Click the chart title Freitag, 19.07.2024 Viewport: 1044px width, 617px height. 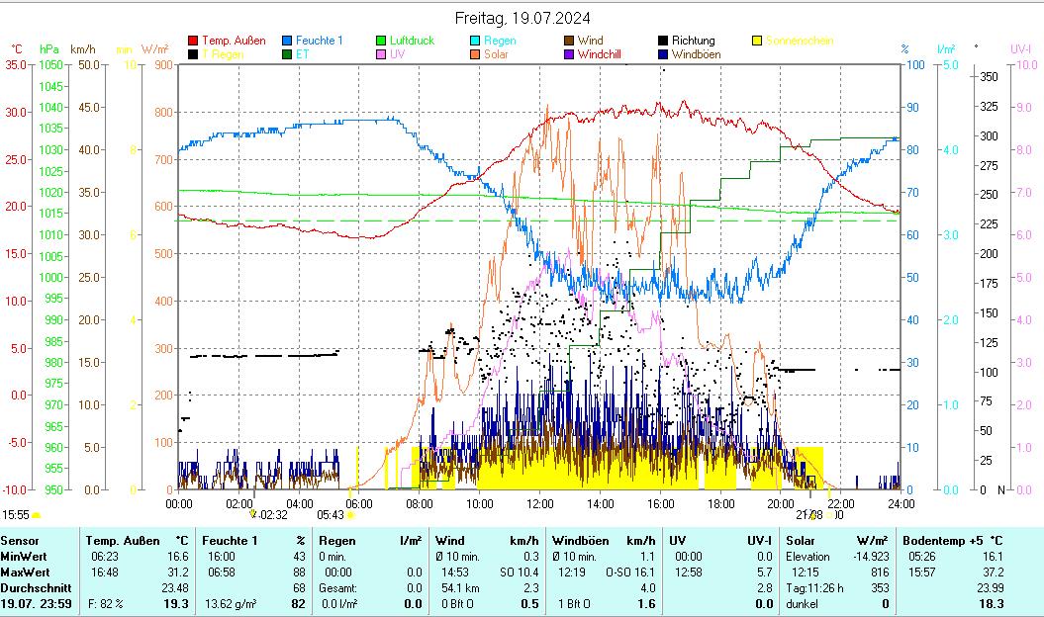click(522, 18)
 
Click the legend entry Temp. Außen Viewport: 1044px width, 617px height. click(234, 41)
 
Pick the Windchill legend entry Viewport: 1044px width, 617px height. click(599, 54)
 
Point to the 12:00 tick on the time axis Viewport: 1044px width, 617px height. click(539, 503)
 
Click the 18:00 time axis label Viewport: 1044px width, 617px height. click(719, 503)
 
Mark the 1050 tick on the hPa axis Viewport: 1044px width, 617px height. click(53, 64)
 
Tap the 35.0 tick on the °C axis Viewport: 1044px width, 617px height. click(16, 64)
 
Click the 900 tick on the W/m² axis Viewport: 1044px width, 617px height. click(162, 64)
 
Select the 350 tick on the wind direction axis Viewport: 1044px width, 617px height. click(988, 76)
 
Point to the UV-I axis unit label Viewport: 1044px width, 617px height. click(1021, 48)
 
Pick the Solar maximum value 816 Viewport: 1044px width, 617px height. click(879, 573)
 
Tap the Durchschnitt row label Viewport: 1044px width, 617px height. click(35, 588)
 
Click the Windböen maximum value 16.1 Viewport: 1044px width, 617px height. click(645, 573)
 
